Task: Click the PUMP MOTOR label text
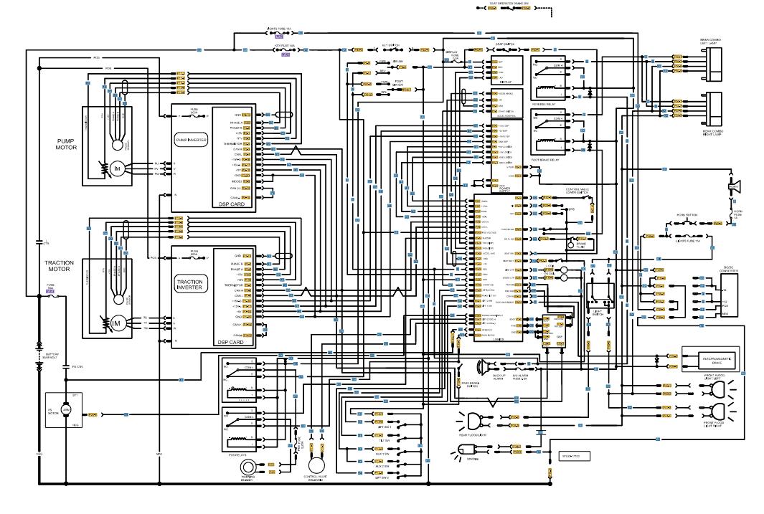point(65,144)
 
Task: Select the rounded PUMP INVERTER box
point(191,141)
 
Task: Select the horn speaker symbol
point(734,188)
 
